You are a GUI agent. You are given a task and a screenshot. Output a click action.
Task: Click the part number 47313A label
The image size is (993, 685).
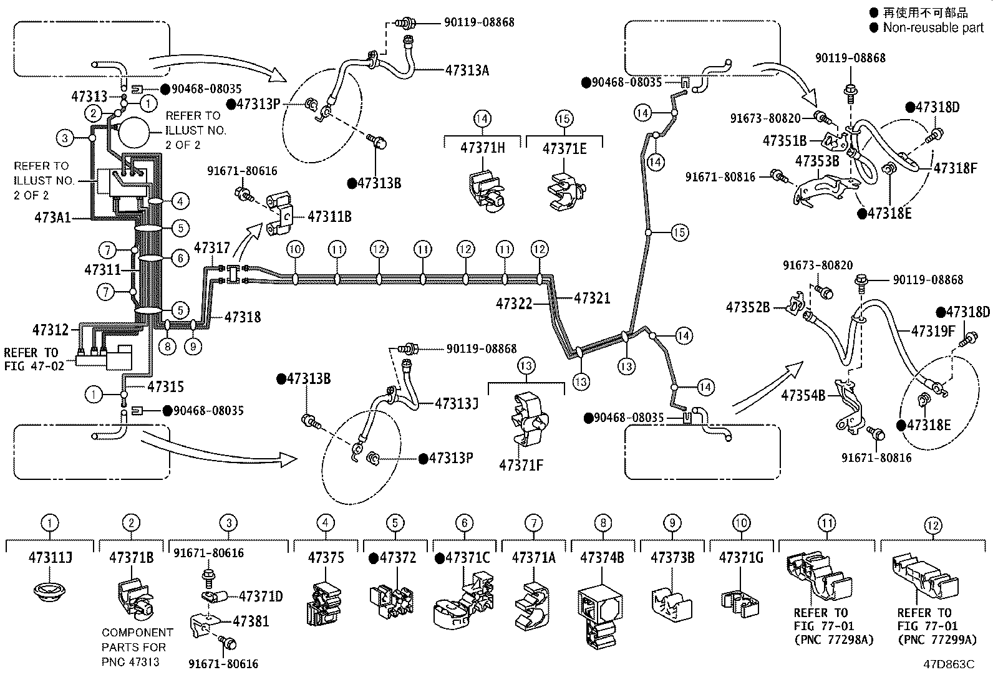[x=467, y=70]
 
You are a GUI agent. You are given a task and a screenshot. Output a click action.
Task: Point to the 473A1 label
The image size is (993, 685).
[x=53, y=218]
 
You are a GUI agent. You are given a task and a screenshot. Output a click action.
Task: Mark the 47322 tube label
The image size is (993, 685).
[x=514, y=304]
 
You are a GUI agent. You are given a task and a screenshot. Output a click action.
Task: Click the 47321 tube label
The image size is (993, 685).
[x=593, y=298]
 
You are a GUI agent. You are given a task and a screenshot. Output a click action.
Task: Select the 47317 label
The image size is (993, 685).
[x=212, y=247]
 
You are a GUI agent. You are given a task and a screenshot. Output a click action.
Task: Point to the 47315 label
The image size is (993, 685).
[x=165, y=387]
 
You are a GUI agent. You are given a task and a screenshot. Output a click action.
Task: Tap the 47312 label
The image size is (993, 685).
[x=51, y=330]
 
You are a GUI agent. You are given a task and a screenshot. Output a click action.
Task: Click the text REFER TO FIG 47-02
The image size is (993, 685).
[x=34, y=360]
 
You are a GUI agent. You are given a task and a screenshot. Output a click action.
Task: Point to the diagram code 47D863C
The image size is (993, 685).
[x=949, y=664]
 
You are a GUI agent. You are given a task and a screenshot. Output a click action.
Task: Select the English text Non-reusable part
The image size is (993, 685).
[x=934, y=27]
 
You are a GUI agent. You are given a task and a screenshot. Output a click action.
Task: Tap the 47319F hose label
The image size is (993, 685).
[x=933, y=331]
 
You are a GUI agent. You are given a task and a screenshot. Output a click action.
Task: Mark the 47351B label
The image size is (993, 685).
[x=785, y=141]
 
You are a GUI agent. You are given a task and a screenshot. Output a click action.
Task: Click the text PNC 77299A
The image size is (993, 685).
[x=939, y=639]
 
